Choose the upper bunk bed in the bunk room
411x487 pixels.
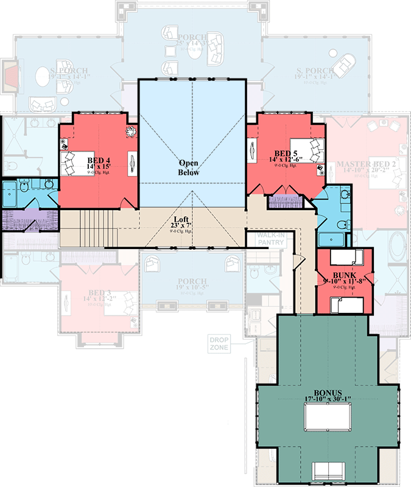point(351,256)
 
